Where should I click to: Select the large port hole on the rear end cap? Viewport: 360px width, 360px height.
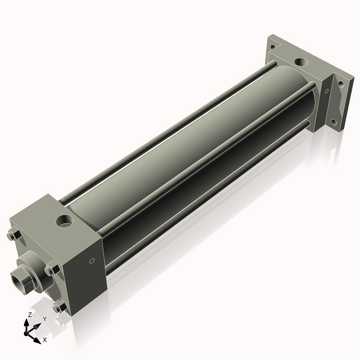coord(299,62)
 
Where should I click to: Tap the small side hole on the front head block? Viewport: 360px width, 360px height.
coord(92,261)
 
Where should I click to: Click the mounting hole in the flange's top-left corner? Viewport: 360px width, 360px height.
coord(272,46)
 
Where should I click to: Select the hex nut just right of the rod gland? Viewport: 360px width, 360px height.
coord(52,269)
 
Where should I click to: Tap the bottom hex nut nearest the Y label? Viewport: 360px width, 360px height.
coord(59,307)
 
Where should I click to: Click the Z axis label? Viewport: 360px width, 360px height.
coord(29,314)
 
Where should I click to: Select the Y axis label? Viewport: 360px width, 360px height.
coord(44,319)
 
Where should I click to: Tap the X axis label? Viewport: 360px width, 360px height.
coord(44,340)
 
